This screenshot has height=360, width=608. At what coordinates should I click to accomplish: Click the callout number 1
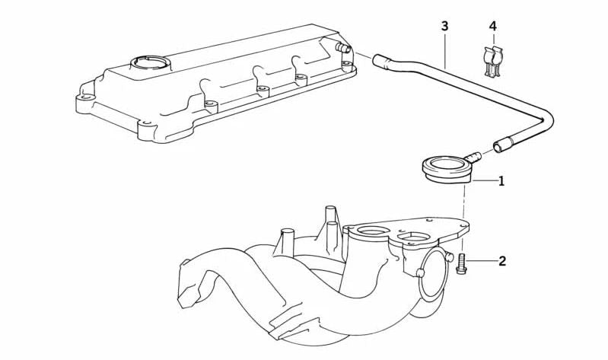501,181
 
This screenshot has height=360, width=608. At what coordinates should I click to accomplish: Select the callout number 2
502,261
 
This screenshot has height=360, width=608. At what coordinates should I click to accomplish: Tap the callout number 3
444,27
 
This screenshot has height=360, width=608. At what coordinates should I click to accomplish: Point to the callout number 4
492,27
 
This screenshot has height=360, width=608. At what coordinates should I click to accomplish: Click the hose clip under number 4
493,62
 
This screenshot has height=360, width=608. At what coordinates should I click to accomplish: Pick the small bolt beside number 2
461,264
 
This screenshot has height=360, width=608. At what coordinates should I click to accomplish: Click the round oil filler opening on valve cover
150,63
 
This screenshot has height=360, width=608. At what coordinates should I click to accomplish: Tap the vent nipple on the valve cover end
343,48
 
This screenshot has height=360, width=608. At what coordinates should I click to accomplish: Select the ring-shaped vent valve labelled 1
447,169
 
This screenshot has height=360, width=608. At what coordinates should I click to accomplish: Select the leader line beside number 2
482,261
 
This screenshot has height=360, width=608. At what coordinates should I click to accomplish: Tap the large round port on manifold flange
372,231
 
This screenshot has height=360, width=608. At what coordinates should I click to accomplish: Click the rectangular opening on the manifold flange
414,237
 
